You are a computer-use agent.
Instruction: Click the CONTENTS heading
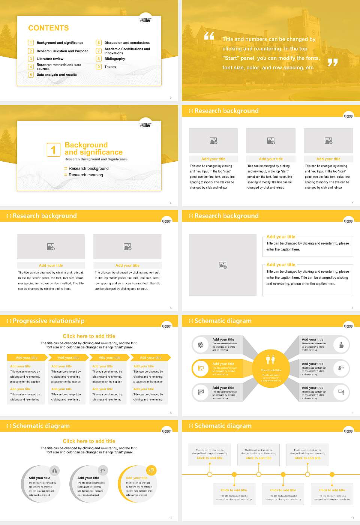tap(48, 28)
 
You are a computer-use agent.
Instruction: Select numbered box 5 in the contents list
tap(31, 75)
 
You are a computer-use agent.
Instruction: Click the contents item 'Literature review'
tap(50, 59)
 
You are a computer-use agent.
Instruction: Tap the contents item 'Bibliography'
tap(115, 59)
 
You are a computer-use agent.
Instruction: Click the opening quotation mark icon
tap(209, 36)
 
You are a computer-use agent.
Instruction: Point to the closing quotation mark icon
tap(333, 63)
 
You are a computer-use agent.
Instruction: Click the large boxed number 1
tap(53, 150)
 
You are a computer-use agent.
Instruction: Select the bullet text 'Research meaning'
tap(85, 175)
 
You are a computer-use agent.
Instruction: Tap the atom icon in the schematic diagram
tap(201, 345)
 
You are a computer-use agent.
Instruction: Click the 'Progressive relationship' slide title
tap(48, 321)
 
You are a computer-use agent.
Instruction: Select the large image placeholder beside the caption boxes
tap(223, 265)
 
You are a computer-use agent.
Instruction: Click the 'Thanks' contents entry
tap(110, 67)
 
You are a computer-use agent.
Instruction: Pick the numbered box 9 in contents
tap(99, 67)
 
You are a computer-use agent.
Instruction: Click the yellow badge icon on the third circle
tap(151, 470)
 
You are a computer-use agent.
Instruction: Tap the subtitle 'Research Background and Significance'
tap(96, 159)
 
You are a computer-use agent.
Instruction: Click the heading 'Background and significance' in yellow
tap(93, 148)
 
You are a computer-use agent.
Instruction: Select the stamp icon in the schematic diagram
tap(341, 345)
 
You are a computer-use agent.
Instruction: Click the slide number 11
tap(352, 518)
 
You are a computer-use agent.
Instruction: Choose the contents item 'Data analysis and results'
tap(57, 75)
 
